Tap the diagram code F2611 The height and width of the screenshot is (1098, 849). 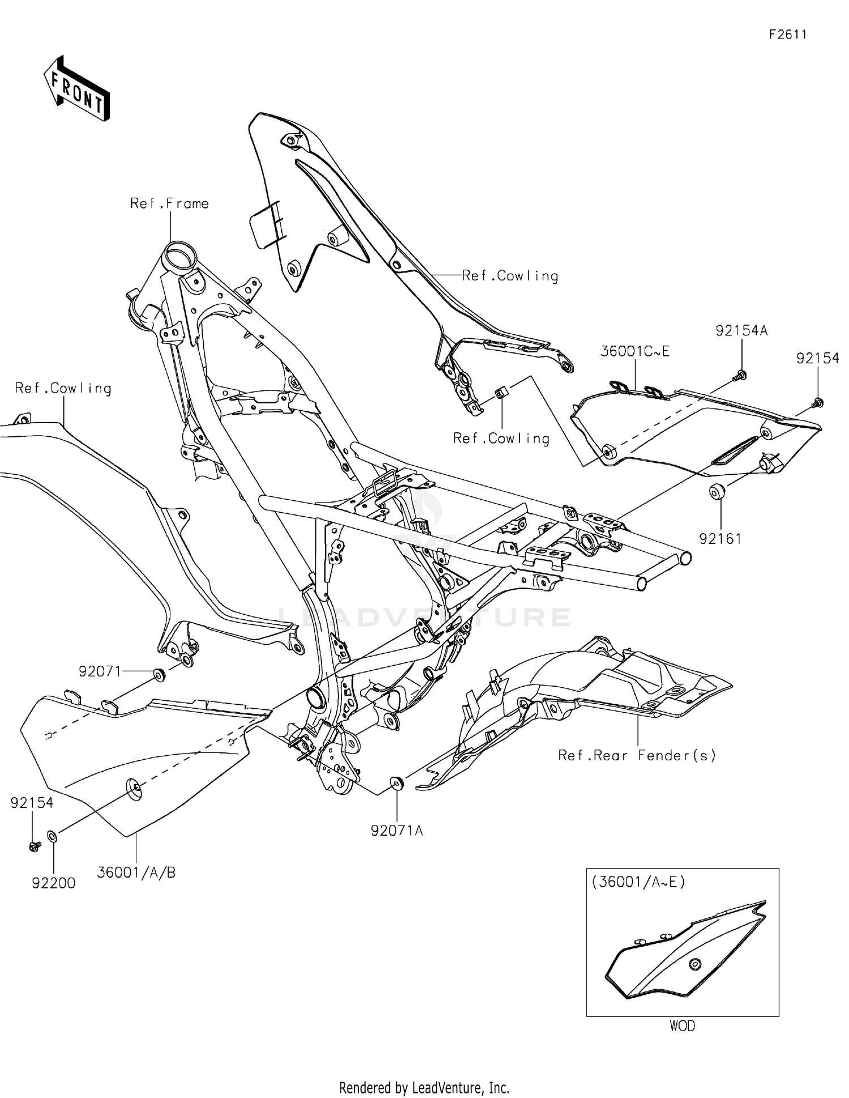click(x=787, y=35)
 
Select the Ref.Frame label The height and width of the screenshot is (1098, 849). click(x=169, y=203)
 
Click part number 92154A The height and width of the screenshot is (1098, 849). click(x=741, y=331)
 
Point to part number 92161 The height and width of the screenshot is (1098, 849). click(x=720, y=539)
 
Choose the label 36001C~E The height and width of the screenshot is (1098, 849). click(x=634, y=351)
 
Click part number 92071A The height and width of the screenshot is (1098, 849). click(x=397, y=831)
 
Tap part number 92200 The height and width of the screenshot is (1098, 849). click(x=53, y=883)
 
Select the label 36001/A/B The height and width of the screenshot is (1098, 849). click(x=136, y=873)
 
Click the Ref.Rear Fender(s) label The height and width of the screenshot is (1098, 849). click(x=637, y=755)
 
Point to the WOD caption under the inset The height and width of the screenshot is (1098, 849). click(x=682, y=1026)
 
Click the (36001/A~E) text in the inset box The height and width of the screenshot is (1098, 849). click(x=638, y=882)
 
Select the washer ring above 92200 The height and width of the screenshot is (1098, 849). click(x=52, y=836)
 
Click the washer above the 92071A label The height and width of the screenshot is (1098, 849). click(x=397, y=783)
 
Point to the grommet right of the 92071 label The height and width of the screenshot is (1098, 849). click(x=159, y=674)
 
